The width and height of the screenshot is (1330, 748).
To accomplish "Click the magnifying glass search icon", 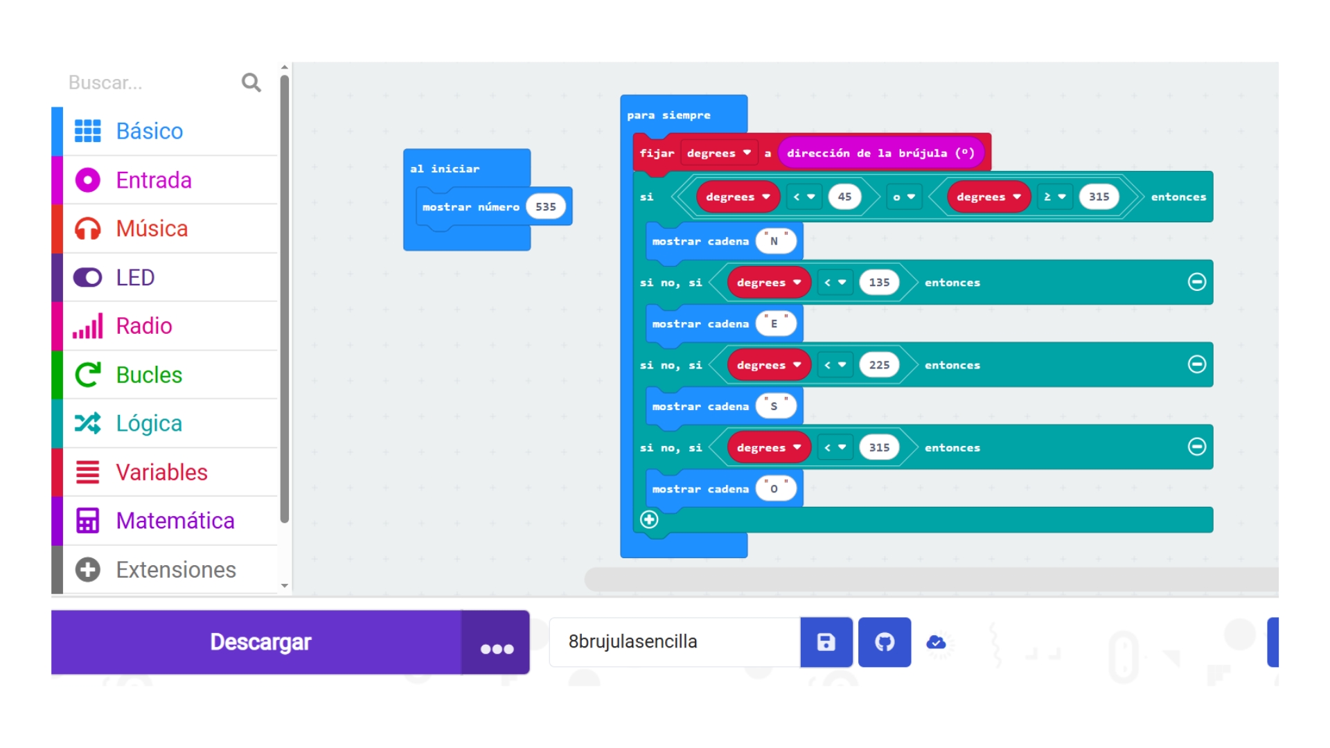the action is point(251,82).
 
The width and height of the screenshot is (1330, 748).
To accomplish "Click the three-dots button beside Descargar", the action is point(497,642).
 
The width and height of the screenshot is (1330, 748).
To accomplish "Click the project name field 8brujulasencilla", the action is point(675,642).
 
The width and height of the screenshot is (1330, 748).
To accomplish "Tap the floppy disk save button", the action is point(826,642).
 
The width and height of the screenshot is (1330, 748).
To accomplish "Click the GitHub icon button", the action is point(885,642).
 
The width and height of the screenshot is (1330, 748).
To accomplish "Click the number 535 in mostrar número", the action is point(546,206).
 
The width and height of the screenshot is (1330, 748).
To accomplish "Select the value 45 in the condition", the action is point(844,197).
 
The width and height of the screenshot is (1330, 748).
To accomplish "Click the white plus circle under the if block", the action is point(649,519).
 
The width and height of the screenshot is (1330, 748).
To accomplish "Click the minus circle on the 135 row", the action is point(1197,282).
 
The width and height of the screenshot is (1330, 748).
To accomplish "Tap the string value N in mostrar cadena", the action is point(775,241).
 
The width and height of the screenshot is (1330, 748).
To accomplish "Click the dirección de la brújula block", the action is point(881,153).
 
